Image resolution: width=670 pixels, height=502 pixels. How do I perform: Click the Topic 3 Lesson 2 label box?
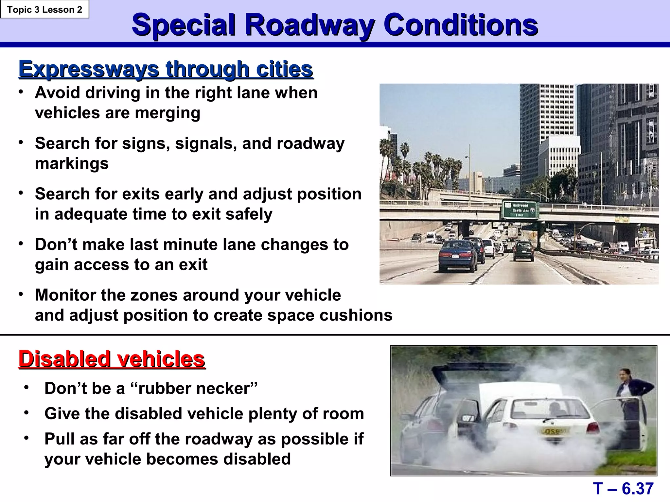pyautogui.click(x=44, y=9)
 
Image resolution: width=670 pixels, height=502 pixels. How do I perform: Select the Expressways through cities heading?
pyautogui.click(x=166, y=69)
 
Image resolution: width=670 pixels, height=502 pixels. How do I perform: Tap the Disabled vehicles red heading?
pyautogui.click(x=112, y=359)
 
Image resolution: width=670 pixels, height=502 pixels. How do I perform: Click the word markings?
pyautogui.click(x=72, y=163)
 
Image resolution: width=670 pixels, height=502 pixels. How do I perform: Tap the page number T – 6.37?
pyautogui.click(x=623, y=489)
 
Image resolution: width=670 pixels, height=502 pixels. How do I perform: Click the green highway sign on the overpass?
pyautogui.click(x=520, y=210)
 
